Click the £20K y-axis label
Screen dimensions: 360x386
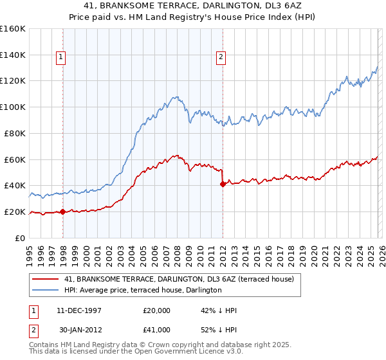[x=15, y=212]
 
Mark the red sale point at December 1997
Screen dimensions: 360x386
[x=63, y=212]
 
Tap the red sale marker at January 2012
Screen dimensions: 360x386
[x=223, y=184]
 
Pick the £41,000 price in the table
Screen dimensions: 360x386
[x=157, y=329]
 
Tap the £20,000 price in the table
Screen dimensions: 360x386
[x=157, y=310]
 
